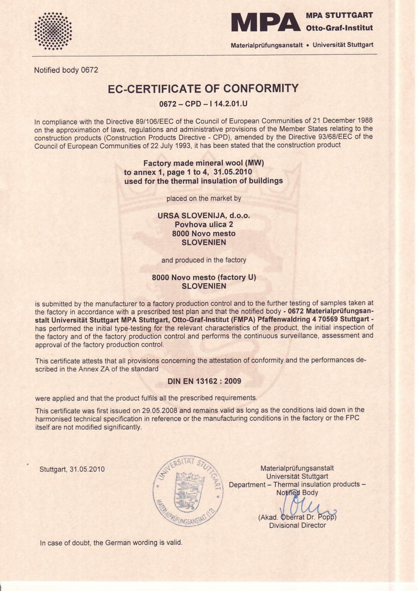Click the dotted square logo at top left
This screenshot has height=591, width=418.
pos(53,30)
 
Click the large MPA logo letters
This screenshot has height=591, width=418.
pos(266,22)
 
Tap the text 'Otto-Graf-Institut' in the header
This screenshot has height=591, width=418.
pos(339,28)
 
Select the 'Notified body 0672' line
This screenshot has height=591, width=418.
pos(66,70)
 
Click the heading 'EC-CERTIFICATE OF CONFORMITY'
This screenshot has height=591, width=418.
pos(203,88)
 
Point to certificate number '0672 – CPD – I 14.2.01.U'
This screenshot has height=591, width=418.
pos(203,104)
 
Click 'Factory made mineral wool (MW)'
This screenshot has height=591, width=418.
pos(203,163)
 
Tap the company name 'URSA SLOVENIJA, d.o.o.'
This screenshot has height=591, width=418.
pos(204,215)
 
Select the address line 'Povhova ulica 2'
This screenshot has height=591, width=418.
pos(204,225)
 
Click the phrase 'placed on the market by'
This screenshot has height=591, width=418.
pos(204,198)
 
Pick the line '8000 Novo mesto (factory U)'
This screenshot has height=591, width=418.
pos(204,277)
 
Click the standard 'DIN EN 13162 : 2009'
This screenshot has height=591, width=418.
pos(204,381)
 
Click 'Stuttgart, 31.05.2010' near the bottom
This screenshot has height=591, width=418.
pos(72,469)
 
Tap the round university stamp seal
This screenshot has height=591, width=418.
pos(188,491)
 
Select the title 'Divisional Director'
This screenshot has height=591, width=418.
pos(297,526)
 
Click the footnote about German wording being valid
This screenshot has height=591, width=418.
pos(111,543)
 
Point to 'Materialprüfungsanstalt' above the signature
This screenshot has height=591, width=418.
pos(297,468)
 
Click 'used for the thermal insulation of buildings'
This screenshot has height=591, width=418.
pos(203,181)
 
